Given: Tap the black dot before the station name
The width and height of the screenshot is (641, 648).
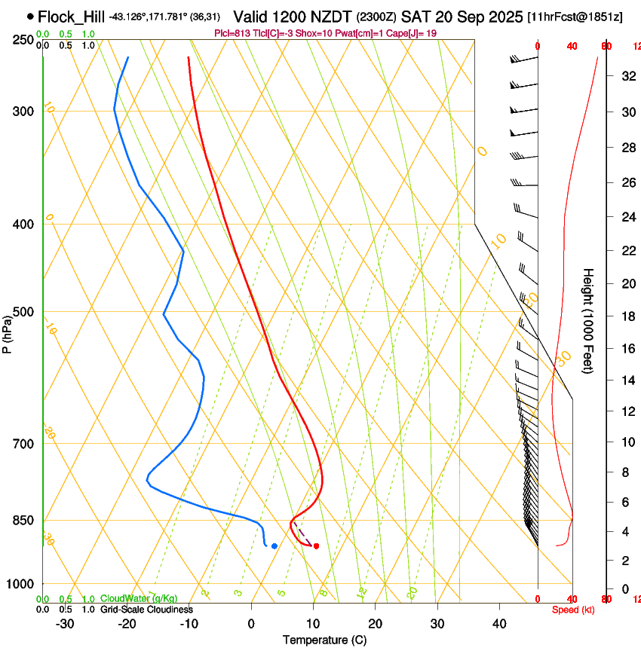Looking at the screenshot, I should tap(30, 16).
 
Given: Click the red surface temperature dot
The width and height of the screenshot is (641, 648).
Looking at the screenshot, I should tap(316, 546).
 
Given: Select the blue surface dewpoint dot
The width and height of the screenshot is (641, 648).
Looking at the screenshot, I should tap(274, 546).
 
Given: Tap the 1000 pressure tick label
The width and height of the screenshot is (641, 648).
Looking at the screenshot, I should tap(22, 584).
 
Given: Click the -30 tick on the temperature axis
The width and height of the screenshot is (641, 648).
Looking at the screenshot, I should tap(65, 624).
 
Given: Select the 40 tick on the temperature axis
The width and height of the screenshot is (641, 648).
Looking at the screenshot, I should tap(499, 624).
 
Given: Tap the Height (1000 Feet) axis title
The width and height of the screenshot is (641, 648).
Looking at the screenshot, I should tap(589, 321).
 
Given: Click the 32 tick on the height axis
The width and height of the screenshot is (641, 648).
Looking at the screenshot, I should tap(626, 76).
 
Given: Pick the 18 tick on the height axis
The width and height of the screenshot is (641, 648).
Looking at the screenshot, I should tap(626, 316).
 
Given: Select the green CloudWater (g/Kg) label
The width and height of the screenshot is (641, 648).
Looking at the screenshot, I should tap(139, 598).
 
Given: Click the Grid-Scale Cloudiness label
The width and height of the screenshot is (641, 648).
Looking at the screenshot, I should tap(146, 609).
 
